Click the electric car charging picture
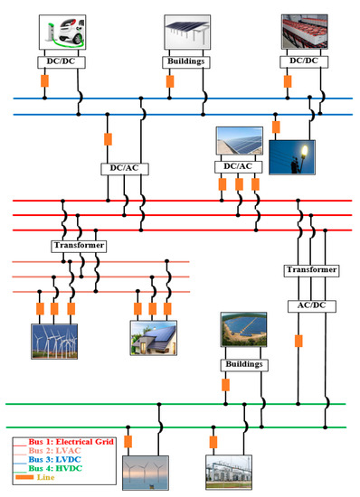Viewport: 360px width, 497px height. point(62,31)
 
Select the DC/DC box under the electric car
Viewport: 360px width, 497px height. point(62,61)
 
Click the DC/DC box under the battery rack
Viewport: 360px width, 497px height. point(305,61)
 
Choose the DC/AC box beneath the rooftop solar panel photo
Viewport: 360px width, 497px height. point(237,166)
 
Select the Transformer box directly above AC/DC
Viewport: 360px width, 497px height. point(311,270)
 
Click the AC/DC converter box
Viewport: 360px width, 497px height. point(311,305)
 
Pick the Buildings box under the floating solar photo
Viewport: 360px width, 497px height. point(243,364)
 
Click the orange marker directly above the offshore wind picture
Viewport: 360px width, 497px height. point(128,442)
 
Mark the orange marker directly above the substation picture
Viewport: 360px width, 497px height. point(213,442)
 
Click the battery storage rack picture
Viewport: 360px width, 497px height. point(305,31)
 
